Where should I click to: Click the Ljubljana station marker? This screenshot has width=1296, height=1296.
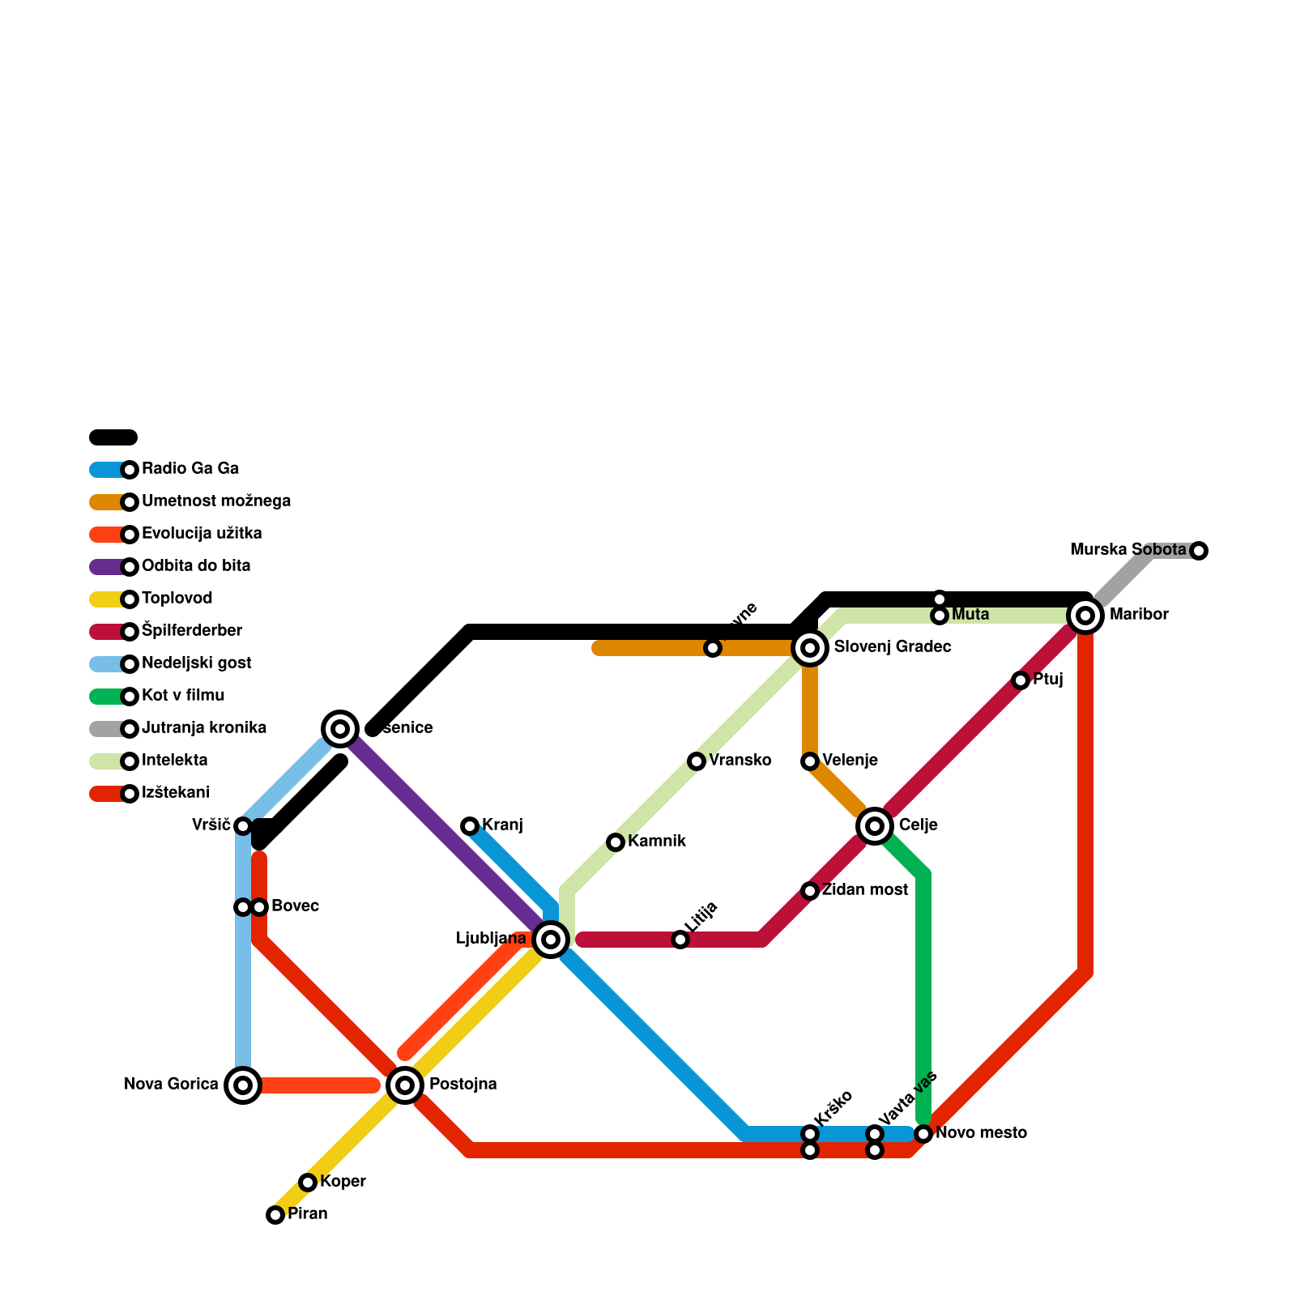pos(551,940)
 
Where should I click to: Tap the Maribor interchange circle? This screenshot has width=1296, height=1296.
pos(1085,616)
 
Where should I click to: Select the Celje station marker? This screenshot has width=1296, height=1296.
pos(875,826)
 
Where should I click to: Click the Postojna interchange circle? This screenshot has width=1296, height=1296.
pos(405,1085)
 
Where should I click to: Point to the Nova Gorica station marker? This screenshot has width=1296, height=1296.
pos(243,1085)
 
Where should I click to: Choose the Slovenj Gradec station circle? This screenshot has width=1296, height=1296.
pos(810,648)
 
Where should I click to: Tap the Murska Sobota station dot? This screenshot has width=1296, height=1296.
pos(1199,551)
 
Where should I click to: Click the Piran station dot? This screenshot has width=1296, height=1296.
pos(275,1214)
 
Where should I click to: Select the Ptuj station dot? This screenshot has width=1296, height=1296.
pos(1021,680)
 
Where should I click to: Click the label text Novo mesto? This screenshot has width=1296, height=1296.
pos(981,1133)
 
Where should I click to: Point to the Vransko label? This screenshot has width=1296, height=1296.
pos(740,761)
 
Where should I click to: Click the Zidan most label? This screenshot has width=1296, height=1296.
pos(864,890)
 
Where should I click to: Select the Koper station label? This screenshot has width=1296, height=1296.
pos(343,1182)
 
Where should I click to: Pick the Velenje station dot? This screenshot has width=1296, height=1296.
pos(810,761)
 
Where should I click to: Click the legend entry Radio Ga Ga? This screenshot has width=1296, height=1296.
pos(190,469)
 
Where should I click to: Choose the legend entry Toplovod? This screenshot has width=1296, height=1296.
pos(177,599)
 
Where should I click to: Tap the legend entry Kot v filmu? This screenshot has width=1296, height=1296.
pos(183,696)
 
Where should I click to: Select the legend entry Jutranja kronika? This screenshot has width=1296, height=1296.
pos(203,728)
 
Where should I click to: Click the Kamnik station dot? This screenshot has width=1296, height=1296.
pos(616,842)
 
